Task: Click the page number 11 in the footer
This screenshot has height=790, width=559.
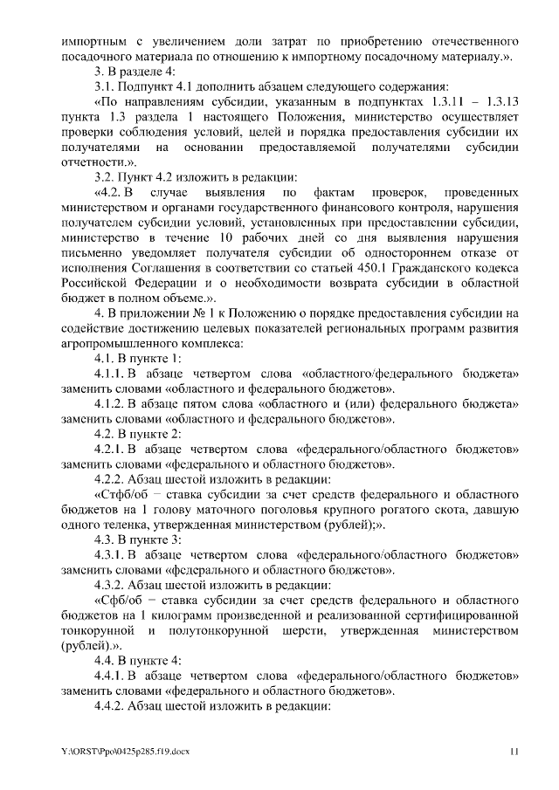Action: [x=514, y=751]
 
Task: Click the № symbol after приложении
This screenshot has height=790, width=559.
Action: [x=198, y=313]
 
